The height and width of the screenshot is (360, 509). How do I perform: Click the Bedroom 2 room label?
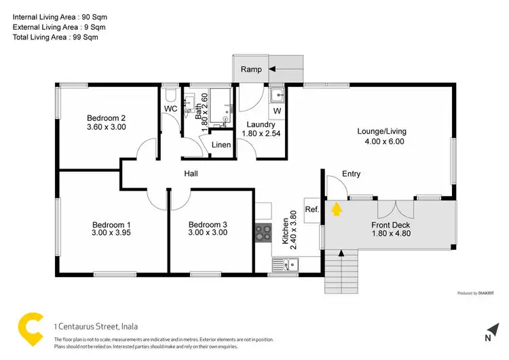pyautogui.click(x=106, y=117)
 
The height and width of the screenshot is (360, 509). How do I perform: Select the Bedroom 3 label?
pyautogui.click(x=208, y=225)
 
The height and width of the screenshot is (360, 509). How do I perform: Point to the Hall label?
pyautogui.click(x=191, y=174)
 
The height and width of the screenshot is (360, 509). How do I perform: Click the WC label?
pyautogui.click(x=170, y=108)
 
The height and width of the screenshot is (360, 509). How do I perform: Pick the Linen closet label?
pyautogui.click(x=221, y=146)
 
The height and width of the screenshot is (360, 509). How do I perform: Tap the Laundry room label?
pyautogui.click(x=261, y=124)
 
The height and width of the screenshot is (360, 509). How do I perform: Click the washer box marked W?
pyautogui.click(x=277, y=110)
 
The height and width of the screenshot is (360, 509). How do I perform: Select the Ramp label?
pyautogui.click(x=252, y=69)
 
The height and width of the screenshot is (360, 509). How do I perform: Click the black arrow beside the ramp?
pyautogui.click(x=273, y=69)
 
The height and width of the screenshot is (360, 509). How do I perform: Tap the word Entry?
pyautogui.click(x=351, y=174)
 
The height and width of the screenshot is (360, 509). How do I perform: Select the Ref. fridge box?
pyautogui.click(x=312, y=210)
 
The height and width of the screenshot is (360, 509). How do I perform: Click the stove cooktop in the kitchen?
pyautogui.click(x=263, y=234)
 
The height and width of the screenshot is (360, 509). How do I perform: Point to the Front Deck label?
pyautogui.click(x=390, y=225)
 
